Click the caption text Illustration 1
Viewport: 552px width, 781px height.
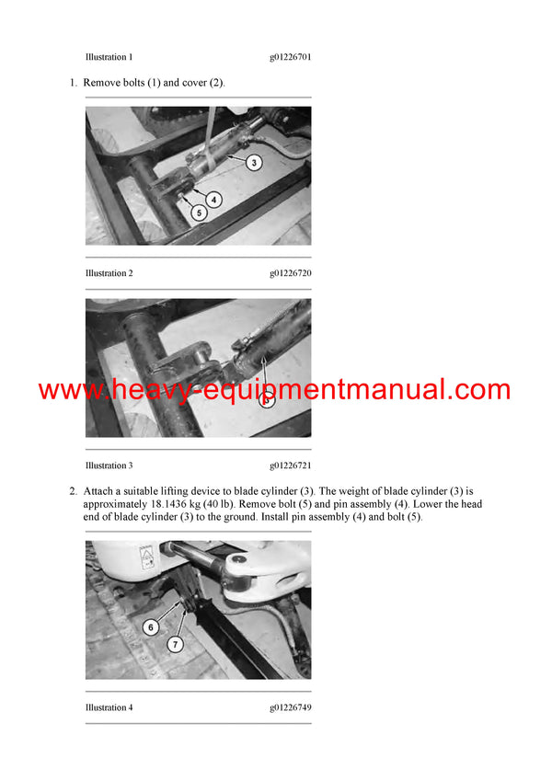tap(109, 57)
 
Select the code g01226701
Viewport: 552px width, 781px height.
tap(290, 57)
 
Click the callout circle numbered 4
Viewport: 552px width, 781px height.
tap(213, 198)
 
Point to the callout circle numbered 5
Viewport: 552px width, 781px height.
tap(198, 212)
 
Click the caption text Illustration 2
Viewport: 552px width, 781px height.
tap(109, 273)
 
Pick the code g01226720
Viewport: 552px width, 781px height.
tap(290, 273)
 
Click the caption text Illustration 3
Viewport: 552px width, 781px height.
tap(109, 465)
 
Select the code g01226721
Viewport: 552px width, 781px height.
tap(290, 465)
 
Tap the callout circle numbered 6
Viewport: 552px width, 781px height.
tap(152, 627)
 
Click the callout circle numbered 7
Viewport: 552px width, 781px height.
tap(175, 645)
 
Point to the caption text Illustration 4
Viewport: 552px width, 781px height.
tap(109, 707)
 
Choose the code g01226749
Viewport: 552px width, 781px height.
tap(290, 707)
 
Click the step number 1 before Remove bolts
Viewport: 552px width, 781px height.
tap(73, 83)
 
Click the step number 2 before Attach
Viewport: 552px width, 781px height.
tap(73, 491)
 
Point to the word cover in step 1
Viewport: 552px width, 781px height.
tap(190, 83)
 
